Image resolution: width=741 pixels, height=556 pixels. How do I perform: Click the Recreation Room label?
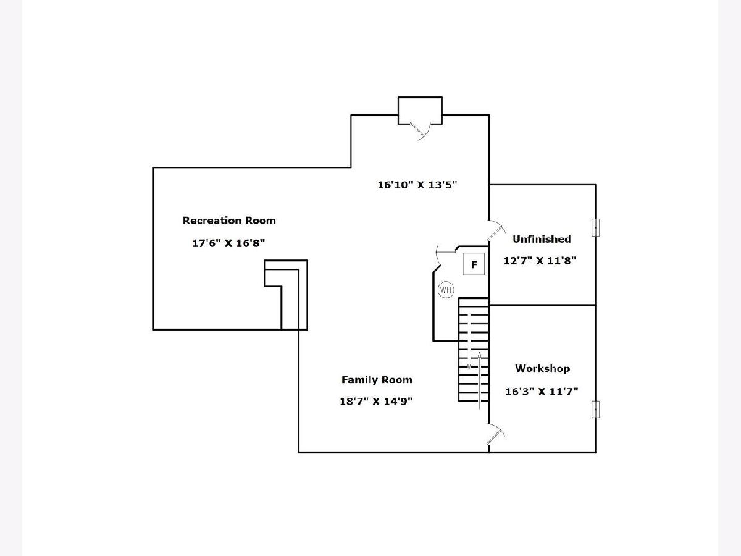[x=229, y=221]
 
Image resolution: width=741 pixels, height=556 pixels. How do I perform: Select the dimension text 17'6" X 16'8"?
[x=228, y=243]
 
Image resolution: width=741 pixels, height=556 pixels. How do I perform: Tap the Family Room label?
[x=377, y=380]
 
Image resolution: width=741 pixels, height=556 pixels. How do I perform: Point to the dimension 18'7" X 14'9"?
[x=376, y=402]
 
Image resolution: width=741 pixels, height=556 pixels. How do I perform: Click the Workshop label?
[x=543, y=368]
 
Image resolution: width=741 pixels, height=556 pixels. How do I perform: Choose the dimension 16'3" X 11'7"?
[x=542, y=392]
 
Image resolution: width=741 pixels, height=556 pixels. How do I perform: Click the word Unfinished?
[x=542, y=239]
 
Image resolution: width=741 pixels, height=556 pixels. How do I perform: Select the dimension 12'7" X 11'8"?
[x=540, y=261]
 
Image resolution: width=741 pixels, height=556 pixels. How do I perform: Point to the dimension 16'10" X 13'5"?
[x=417, y=185]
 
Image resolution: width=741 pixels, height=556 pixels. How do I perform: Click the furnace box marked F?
[x=474, y=264]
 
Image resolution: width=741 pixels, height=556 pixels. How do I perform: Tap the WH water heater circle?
[x=446, y=290]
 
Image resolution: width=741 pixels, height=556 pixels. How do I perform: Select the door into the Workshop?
[x=496, y=437]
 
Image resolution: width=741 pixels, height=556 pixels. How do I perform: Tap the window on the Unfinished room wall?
[x=595, y=227]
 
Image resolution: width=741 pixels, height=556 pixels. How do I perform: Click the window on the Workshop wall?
[x=595, y=410]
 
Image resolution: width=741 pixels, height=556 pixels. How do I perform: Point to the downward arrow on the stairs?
[x=469, y=342]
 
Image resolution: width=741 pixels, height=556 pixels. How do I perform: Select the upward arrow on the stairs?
[x=479, y=381]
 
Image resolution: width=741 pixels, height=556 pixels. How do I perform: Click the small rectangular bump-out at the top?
[x=420, y=111]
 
